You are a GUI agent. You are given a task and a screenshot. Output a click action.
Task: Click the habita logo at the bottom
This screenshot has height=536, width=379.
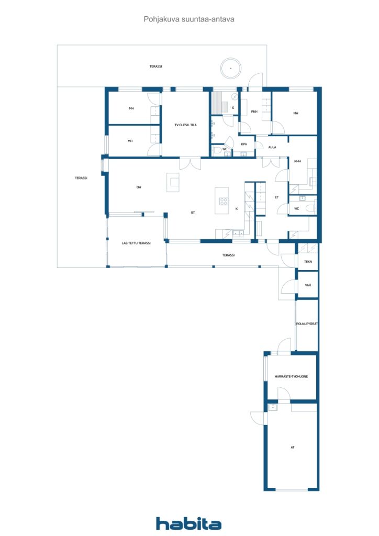[x=188, y=523]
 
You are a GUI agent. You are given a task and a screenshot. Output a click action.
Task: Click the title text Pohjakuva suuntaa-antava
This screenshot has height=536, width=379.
[x=189, y=19]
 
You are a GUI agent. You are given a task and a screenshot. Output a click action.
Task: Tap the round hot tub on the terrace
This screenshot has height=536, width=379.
[x=231, y=68]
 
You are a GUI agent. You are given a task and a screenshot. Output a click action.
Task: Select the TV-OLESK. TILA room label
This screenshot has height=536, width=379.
[x=185, y=125]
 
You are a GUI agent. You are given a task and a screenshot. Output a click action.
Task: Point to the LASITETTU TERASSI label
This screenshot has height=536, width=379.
[x=136, y=243]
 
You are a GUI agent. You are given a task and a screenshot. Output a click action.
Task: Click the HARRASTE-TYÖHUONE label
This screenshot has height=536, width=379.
[x=291, y=376]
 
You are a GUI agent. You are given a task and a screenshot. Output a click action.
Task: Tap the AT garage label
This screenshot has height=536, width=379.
[x=293, y=447]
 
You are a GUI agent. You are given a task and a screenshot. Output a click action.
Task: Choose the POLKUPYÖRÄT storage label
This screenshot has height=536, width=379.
[x=307, y=323]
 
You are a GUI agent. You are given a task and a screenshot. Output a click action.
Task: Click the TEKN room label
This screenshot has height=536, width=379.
[x=308, y=262]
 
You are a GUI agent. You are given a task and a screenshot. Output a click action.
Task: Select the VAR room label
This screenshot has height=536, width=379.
[x=308, y=285]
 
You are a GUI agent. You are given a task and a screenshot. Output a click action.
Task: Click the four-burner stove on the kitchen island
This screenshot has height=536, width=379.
[x=224, y=202]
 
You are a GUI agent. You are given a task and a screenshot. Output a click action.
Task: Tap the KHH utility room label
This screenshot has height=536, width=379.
[x=298, y=161]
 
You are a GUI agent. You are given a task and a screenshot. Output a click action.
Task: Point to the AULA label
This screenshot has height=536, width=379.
[x=272, y=147]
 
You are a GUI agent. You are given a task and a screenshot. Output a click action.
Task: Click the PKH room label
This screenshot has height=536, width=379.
[x=254, y=111]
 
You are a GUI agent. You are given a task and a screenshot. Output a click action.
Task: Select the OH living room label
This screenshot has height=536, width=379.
[x=139, y=187]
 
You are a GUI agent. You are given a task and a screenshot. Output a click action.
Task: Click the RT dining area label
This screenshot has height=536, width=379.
[x=193, y=213]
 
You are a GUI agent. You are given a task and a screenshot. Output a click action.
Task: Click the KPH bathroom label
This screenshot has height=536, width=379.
[x=244, y=144]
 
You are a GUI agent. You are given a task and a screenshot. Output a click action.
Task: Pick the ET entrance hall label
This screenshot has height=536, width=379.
[x=276, y=197]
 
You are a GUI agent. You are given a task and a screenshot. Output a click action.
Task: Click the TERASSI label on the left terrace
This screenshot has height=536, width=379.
[x=81, y=178]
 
